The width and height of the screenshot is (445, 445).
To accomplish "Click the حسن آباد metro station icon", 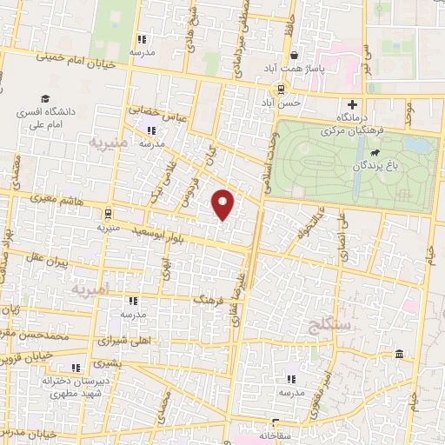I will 280,89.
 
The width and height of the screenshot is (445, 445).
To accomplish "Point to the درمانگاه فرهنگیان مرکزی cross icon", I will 351,103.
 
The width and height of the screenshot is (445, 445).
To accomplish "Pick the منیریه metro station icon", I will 107,212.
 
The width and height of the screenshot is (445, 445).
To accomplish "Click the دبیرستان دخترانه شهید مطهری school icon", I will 76,367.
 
